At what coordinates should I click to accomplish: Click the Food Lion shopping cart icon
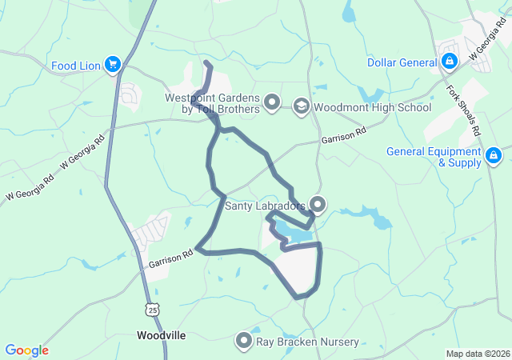[112, 65]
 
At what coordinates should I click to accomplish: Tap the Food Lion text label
[75, 66]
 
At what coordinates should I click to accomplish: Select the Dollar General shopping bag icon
[450, 62]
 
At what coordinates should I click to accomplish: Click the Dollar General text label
[402, 62]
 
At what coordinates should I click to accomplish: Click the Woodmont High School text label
[372, 107]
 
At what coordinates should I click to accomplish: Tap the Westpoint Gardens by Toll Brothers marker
[273, 102]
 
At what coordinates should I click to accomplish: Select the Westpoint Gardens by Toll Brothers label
[212, 102]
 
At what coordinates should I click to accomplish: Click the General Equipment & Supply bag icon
[494, 155]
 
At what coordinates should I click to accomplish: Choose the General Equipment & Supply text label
[434, 157]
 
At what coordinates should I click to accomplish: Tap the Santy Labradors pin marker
[318, 205]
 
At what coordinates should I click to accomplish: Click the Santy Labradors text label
[265, 206]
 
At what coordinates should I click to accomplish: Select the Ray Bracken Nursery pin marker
[243, 342]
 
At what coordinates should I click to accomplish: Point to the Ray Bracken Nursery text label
[307, 342]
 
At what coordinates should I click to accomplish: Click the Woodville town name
[161, 335]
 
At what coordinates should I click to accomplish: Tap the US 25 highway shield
[152, 308]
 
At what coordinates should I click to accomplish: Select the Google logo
[26, 350]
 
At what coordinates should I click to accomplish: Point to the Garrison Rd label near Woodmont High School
[343, 134]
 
